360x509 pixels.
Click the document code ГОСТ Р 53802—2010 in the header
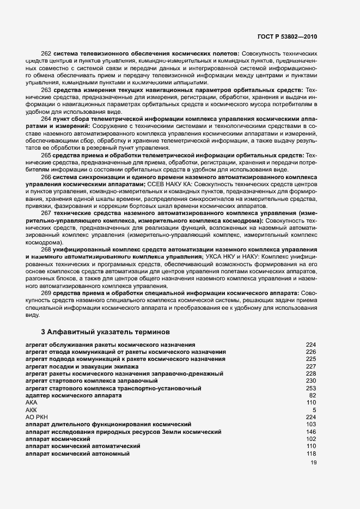pos(287,36)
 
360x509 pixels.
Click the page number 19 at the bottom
pos(313,463)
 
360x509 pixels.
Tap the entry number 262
pos(46,54)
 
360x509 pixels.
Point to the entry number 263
pos(46,89)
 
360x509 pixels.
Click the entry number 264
pos(46,118)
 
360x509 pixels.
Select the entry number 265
pos(46,155)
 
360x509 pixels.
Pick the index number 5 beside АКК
pos(314,409)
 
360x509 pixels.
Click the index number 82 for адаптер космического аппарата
pos(313,395)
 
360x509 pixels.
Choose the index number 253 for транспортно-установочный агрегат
pos(311,388)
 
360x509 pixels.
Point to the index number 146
pos(311,432)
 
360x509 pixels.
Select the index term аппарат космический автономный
pos(78,453)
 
